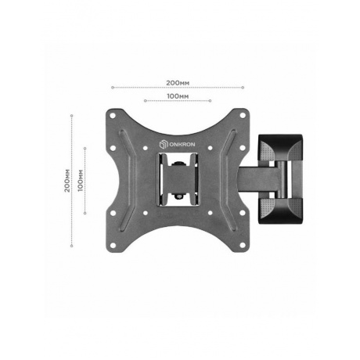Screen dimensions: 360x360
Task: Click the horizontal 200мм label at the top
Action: (178, 81)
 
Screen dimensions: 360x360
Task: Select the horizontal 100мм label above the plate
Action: (178, 95)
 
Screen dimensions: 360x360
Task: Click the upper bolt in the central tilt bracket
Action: (178, 163)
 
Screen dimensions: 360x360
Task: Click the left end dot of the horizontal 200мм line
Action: (112, 87)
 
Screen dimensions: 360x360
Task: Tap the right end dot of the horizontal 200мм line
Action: (243, 87)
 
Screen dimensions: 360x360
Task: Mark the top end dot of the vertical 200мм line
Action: (72, 116)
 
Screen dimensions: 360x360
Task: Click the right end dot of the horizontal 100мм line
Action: (211, 101)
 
